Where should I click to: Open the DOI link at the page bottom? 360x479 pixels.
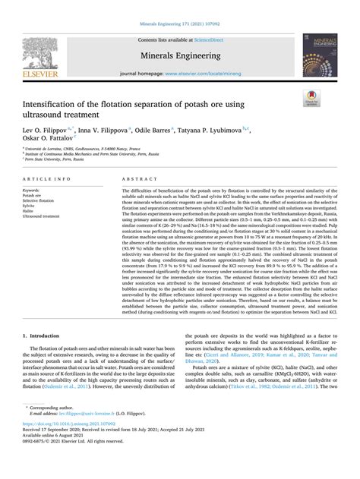pos(72,446)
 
